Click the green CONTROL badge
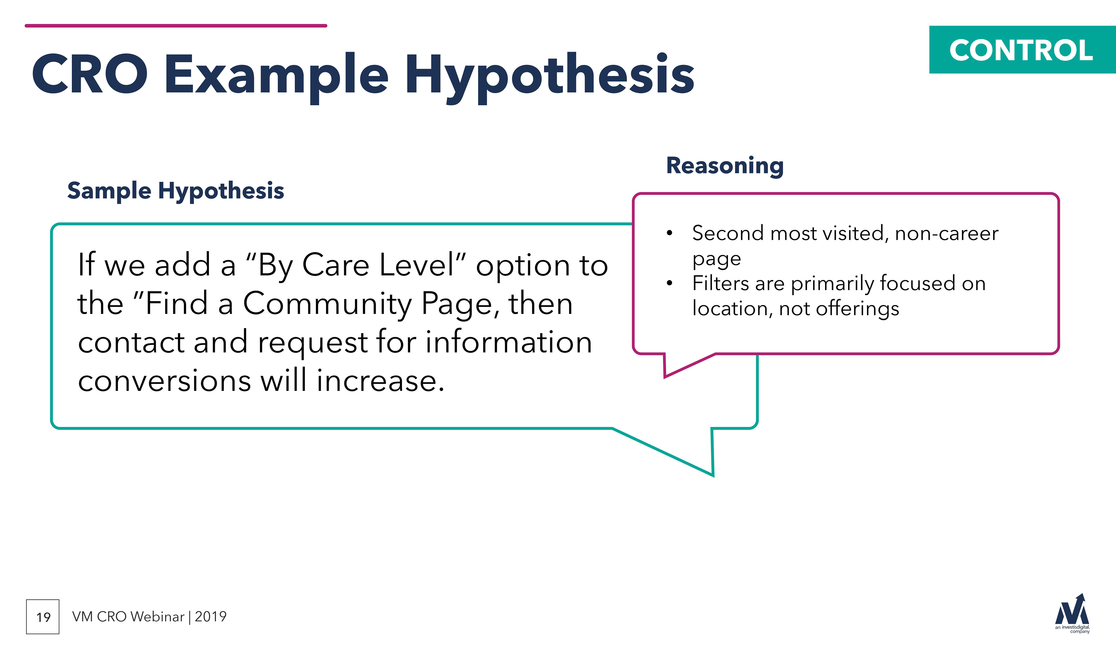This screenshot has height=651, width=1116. (x=1022, y=50)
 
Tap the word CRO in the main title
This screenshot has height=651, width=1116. (x=90, y=74)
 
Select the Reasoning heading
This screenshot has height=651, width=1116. (x=725, y=166)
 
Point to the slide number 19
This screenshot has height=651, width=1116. (x=43, y=617)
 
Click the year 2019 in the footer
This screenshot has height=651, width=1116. (x=211, y=616)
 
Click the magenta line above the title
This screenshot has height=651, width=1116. (x=176, y=26)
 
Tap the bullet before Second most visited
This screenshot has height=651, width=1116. (x=670, y=233)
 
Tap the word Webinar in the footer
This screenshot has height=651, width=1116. (x=157, y=616)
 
